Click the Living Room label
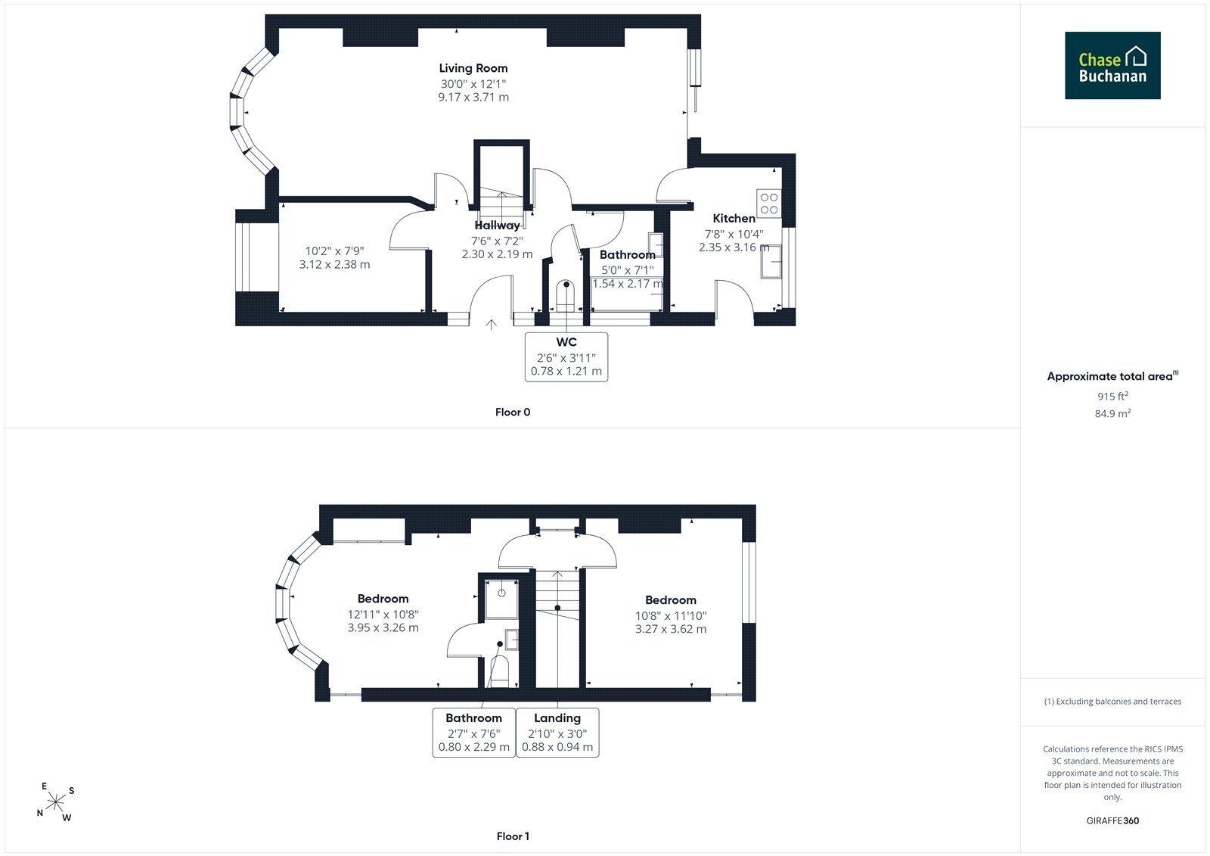pyautogui.click(x=473, y=68)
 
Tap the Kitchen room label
pyautogui.click(x=734, y=219)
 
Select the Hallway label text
pyautogui.click(x=497, y=225)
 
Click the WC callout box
pyautogui.click(x=566, y=357)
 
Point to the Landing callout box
pyautogui.click(x=557, y=733)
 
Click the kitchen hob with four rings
pyautogui.click(x=768, y=204)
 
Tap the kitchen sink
pyautogui.click(x=771, y=263)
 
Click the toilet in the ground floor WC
pyautogui.click(x=566, y=295)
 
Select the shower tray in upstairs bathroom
pyautogui.click(x=501, y=599)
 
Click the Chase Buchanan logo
pyautogui.click(x=1112, y=65)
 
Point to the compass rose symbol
pyautogui.click(x=56, y=802)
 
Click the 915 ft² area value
pyautogui.click(x=1112, y=396)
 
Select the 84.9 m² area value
pyautogui.click(x=1112, y=413)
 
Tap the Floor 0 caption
pyautogui.click(x=513, y=412)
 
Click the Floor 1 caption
pyautogui.click(x=513, y=836)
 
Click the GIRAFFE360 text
pyautogui.click(x=1112, y=820)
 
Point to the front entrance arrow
pyautogui.click(x=491, y=325)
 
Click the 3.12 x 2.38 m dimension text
pyautogui.click(x=335, y=264)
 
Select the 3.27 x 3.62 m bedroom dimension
pyautogui.click(x=671, y=629)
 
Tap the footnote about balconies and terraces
pyautogui.click(x=1112, y=702)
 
